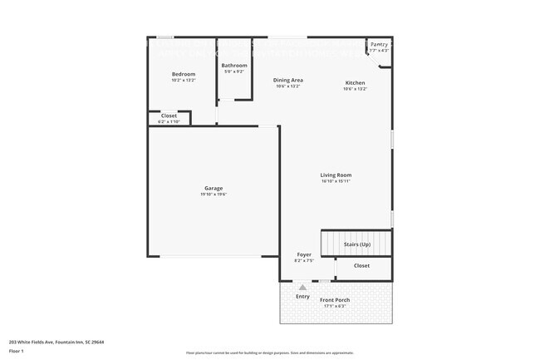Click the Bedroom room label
coord(183,74)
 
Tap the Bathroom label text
coord(234,65)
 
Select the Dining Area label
coord(287,80)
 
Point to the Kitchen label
coord(355,83)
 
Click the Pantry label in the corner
coord(379,44)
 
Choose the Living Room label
coord(336,175)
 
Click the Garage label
coord(214,188)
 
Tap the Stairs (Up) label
coord(356,245)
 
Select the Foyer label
coord(304,254)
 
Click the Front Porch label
coord(336,299)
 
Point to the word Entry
coord(302,296)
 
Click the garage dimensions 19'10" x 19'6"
coord(214,195)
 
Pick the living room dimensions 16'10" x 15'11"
coord(336,181)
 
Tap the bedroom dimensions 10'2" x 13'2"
coord(183,81)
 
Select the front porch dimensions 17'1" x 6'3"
coord(336,306)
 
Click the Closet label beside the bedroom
coord(169,116)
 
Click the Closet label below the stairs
coord(361,265)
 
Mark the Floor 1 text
coord(16,351)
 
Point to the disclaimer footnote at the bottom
coord(270,353)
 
